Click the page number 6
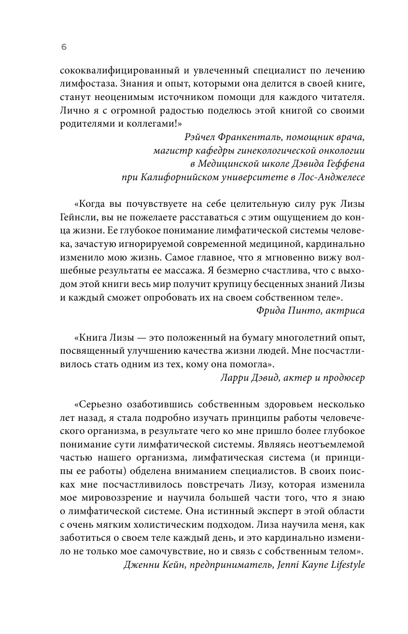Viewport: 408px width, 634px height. pos(64,47)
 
